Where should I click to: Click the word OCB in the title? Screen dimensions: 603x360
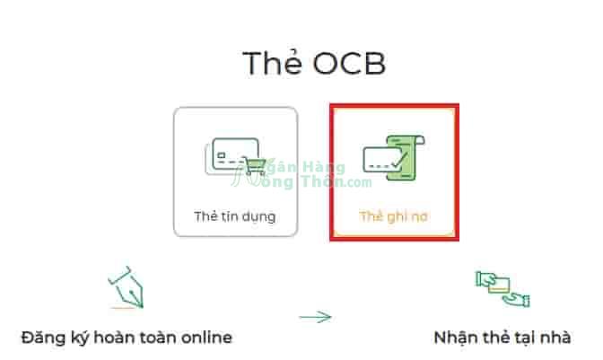349,64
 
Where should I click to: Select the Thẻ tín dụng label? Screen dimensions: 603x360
235,217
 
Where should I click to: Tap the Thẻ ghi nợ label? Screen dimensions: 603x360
393,217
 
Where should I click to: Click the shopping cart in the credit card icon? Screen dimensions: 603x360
254,166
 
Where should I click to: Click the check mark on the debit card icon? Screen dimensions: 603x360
400,160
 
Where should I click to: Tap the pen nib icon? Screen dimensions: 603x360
127,287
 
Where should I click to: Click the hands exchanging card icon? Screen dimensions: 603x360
502,289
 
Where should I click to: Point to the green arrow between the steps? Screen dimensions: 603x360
315,317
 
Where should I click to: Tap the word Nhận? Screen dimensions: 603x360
455,338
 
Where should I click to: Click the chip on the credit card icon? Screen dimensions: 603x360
221,155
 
